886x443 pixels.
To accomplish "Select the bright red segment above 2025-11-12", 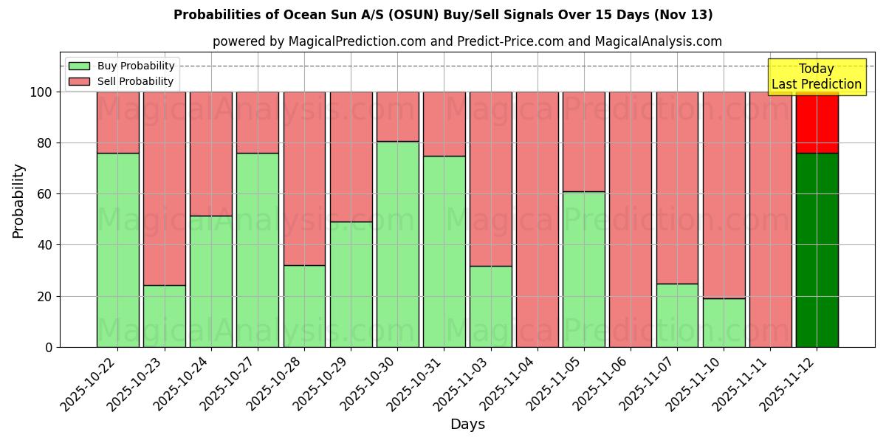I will click(x=817, y=123).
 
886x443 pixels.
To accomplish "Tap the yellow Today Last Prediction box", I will click(x=817, y=77).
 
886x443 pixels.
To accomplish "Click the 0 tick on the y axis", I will click(x=49, y=347).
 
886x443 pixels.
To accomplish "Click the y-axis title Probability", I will click(x=18, y=201).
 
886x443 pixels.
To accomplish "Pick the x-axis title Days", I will click(x=467, y=425).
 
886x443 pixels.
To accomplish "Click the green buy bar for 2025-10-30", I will click(x=397, y=244).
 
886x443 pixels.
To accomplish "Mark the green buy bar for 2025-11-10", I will click(x=724, y=323).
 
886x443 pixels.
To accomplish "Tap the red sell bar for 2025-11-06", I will click(x=631, y=219).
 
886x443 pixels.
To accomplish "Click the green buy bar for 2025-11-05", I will click(x=583, y=269).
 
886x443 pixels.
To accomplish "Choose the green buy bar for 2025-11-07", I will click(x=677, y=315).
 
